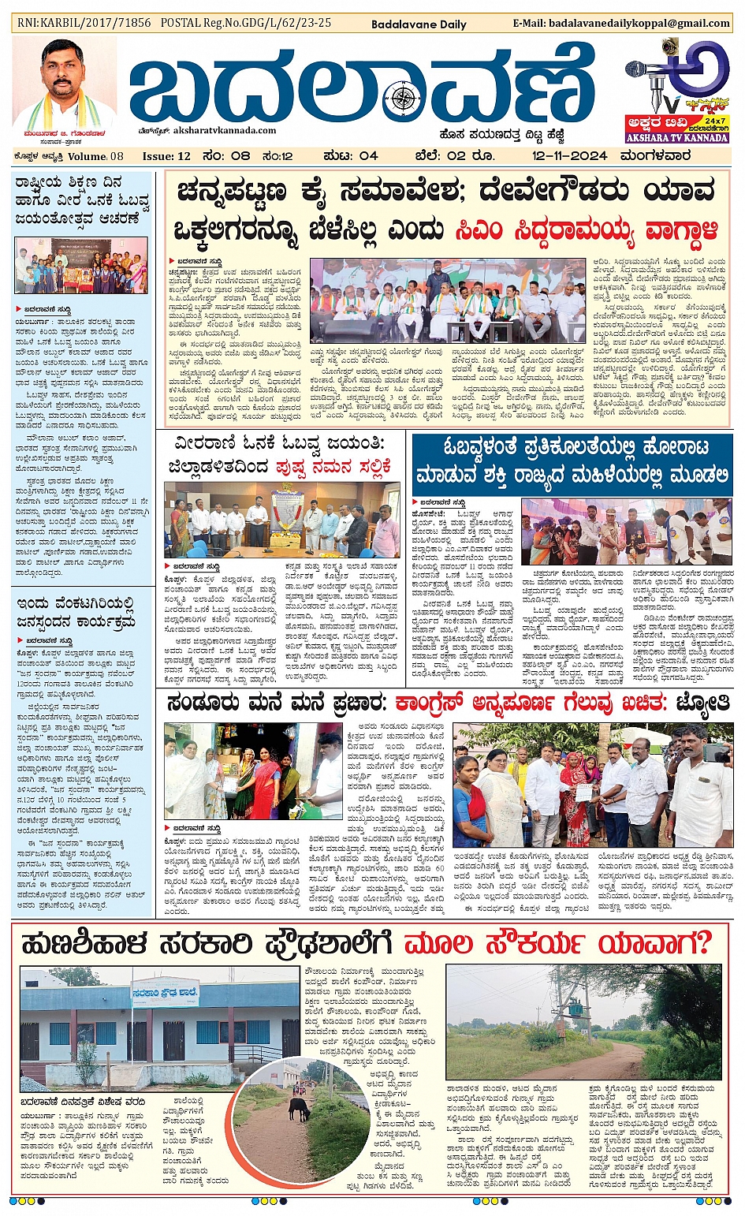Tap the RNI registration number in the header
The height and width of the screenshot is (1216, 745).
click(84, 23)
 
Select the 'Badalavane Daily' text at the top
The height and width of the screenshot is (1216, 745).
click(419, 24)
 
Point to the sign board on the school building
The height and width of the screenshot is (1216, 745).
click(166, 993)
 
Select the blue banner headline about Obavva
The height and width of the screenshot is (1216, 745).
click(572, 461)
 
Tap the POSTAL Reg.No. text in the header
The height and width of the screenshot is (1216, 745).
click(245, 23)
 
